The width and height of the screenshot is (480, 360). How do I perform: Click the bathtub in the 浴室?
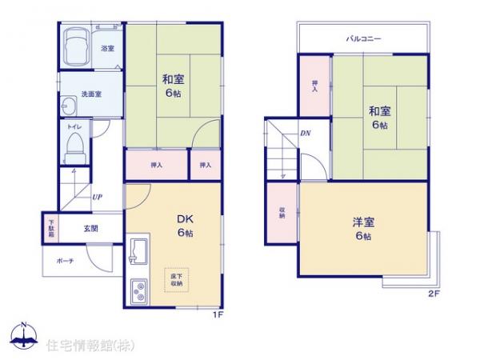pos(77,48)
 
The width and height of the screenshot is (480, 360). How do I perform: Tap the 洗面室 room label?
pos(91,94)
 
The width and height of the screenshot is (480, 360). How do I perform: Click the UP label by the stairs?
pos(96,197)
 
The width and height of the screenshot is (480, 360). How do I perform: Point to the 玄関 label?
pos(89,228)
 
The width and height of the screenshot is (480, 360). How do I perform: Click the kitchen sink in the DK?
pos(136,253)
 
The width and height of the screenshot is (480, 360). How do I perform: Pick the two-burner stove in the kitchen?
pos(137,290)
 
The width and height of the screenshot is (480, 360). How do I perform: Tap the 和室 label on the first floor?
pos(173,78)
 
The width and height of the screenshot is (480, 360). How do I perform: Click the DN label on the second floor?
pos(305,133)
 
